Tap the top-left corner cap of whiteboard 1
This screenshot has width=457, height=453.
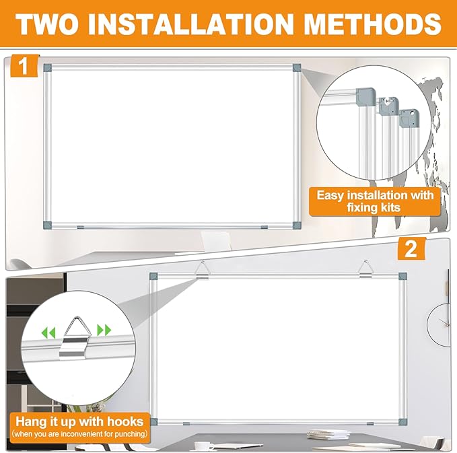[x=46, y=67]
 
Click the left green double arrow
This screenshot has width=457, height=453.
[x=48, y=331]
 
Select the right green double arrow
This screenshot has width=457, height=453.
[x=104, y=330]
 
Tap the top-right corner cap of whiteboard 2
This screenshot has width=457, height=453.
[x=402, y=275]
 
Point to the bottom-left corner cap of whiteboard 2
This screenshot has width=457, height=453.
[x=153, y=422]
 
